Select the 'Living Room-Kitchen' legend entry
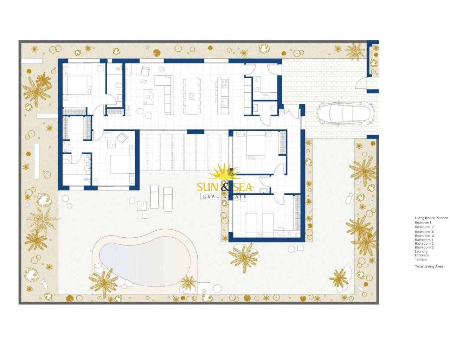pos(431,218)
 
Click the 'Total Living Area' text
pos(429,266)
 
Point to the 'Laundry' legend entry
pos(421,251)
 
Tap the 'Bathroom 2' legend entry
pos(424,244)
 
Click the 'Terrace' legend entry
pos(421,259)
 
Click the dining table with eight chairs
pos(192,96)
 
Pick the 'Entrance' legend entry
pos(422,255)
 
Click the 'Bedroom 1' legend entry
pos(423,222)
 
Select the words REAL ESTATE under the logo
pos(225,196)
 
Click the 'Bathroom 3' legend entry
pos(424,247)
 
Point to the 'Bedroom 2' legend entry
pos(424,227)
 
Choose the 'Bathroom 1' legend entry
pos(424,240)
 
